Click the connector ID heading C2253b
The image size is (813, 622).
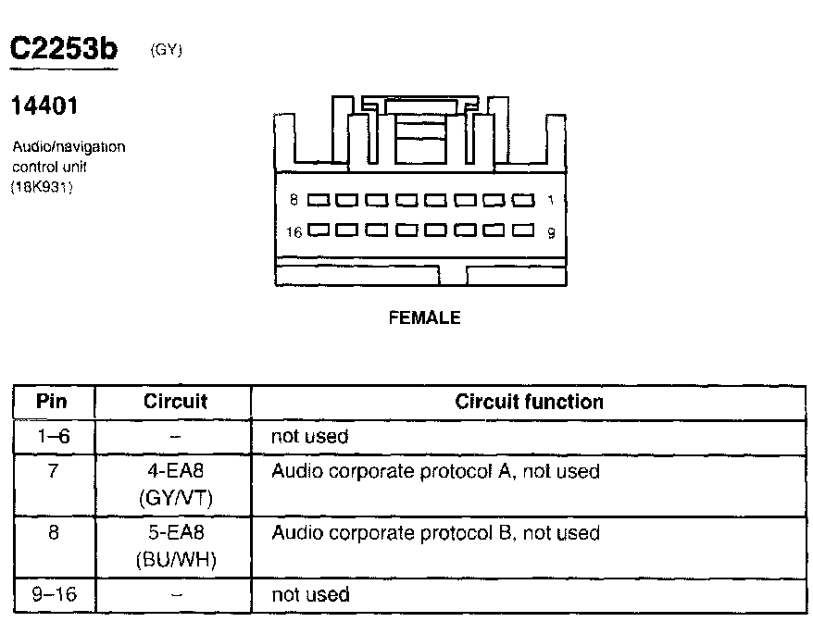pyautogui.click(x=63, y=50)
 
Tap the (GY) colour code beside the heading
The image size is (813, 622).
pyautogui.click(x=165, y=51)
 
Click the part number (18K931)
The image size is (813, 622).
pyautogui.click(x=43, y=187)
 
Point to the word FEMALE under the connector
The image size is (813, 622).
pyautogui.click(x=424, y=317)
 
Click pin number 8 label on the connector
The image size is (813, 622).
pyautogui.click(x=293, y=200)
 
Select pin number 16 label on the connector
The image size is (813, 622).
pyautogui.click(x=294, y=232)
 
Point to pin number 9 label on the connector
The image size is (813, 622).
pyautogui.click(x=551, y=233)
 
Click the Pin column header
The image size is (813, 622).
pyautogui.click(x=53, y=402)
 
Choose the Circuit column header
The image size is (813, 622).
pyautogui.click(x=175, y=402)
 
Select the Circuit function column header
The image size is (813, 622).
pyautogui.click(x=529, y=402)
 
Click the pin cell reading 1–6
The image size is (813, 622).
pyautogui.click(x=52, y=436)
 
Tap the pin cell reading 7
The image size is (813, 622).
pyautogui.click(x=53, y=471)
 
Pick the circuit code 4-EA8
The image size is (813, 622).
pyautogui.click(x=175, y=471)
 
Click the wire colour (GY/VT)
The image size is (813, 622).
pyautogui.click(x=175, y=498)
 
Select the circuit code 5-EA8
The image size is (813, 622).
pyautogui.click(x=175, y=533)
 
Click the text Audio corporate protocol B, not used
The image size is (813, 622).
pyautogui.click(x=435, y=533)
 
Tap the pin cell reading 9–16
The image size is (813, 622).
pyautogui.click(x=52, y=594)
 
